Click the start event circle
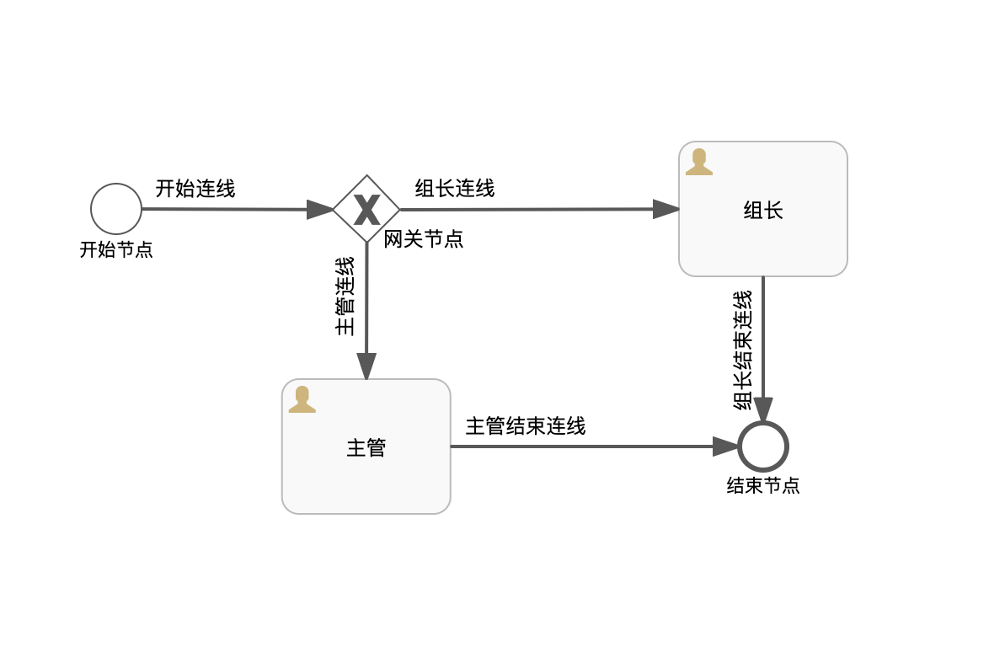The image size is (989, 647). click(116, 209)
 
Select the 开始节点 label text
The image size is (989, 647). click(116, 250)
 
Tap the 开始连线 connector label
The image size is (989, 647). click(195, 189)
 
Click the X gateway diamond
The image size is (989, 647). click(366, 209)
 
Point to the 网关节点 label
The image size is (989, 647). click(424, 239)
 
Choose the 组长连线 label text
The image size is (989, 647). click(455, 189)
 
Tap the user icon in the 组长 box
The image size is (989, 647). click(699, 162)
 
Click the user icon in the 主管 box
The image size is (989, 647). click(302, 399)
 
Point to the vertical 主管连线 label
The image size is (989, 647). click(345, 296)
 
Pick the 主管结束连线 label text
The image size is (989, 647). click(526, 426)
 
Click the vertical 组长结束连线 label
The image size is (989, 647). click(743, 350)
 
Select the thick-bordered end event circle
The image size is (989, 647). click(763, 446)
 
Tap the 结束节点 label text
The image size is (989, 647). click(763, 486)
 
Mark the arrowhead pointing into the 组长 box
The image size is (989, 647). click(666, 209)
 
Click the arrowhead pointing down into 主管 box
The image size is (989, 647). click(366, 366)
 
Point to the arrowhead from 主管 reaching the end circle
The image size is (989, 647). click(725, 446)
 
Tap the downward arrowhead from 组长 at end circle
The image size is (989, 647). click(763, 410)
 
